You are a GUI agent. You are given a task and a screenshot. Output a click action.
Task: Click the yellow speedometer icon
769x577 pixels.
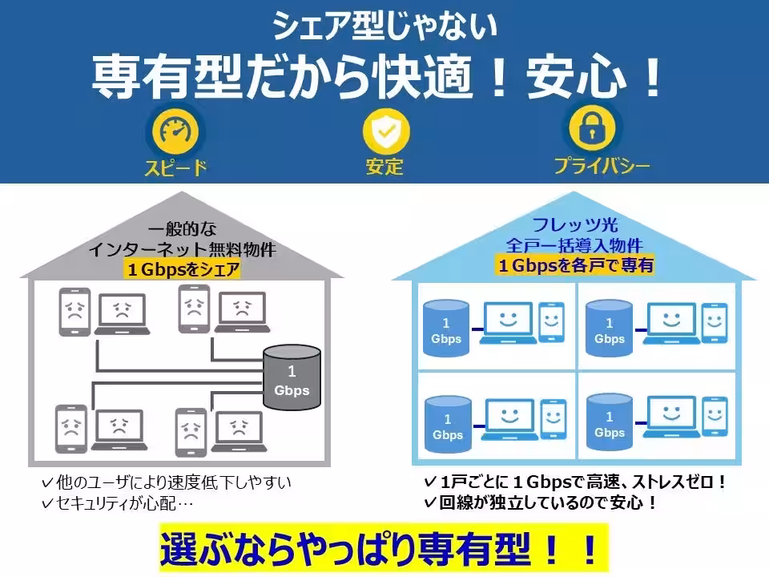[176, 131]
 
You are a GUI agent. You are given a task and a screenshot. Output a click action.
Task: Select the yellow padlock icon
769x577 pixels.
[592, 127]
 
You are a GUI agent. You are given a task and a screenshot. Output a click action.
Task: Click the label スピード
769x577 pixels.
[176, 167]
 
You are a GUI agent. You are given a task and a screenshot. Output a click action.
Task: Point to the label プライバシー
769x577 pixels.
[602, 165]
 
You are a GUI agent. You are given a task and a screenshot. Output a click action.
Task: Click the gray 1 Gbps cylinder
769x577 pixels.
[292, 377]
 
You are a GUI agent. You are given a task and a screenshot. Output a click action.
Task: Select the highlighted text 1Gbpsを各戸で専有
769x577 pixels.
[576, 265]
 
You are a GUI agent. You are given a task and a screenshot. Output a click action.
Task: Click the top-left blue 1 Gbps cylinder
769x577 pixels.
[446, 328]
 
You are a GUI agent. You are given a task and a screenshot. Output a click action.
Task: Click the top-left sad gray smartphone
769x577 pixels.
[74, 312]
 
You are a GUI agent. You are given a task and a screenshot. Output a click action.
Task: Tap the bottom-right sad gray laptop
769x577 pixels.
[239, 432]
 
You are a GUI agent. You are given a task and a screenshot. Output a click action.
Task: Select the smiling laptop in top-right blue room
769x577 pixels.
[671, 323]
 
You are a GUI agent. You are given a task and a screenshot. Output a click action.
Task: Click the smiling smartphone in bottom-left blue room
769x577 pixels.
[554, 419]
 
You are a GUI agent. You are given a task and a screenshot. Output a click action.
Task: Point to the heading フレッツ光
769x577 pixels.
[575, 224]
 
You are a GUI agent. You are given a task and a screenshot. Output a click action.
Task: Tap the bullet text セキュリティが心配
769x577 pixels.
[118, 503]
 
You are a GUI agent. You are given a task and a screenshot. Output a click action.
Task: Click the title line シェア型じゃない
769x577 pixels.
[384, 26]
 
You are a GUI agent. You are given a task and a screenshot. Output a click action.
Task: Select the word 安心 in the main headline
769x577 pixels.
[576, 78]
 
